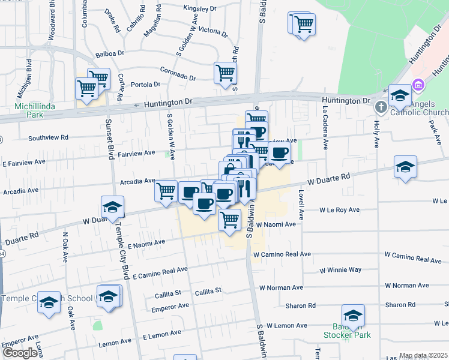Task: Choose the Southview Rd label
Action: [49, 137]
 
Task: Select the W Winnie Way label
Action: [340, 271]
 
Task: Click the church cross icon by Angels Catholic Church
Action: [379, 107]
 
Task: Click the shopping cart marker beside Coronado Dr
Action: [225, 73]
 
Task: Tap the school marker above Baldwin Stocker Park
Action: [353, 315]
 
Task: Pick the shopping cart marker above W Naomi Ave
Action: [229, 220]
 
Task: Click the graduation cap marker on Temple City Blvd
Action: [112, 208]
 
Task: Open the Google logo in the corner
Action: [19, 353]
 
